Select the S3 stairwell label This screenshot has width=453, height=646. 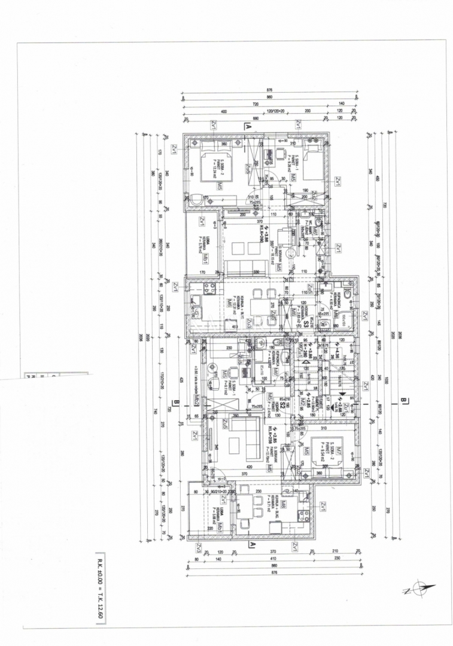(x=306, y=324)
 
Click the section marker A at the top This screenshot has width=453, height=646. (x=246, y=127)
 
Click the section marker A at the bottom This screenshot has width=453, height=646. (x=252, y=544)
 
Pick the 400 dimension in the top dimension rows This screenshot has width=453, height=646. (x=223, y=112)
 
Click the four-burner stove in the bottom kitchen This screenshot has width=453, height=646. (x=303, y=516)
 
